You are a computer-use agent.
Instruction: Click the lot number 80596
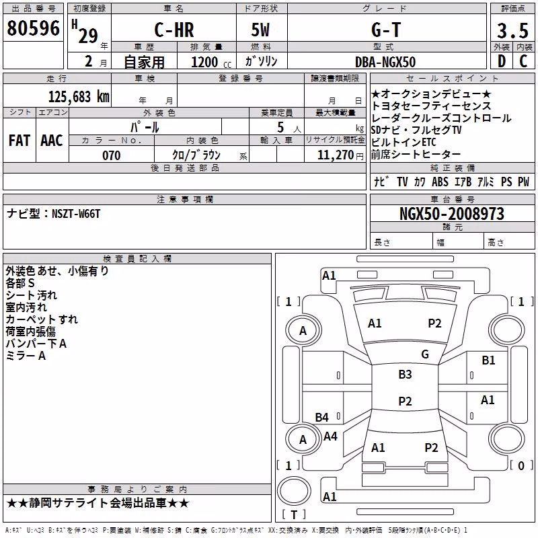click(x=33, y=28)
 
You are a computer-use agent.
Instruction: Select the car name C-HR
click(x=174, y=30)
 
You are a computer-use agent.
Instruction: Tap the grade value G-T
click(x=386, y=30)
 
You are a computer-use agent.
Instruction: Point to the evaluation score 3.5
click(x=512, y=30)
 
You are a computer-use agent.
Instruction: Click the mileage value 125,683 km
click(x=79, y=97)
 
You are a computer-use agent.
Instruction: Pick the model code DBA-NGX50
click(x=385, y=62)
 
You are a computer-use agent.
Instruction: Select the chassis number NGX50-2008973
click(x=452, y=214)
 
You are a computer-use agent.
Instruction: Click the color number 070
click(x=112, y=155)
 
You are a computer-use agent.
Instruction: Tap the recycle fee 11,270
click(x=335, y=155)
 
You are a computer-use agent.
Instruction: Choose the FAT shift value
click(x=20, y=141)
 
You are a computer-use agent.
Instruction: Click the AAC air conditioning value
click(x=52, y=141)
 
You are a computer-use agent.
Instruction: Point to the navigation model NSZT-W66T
click(x=76, y=214)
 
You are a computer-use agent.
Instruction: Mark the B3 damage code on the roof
click(x=405, y=374)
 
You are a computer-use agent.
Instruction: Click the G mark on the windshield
click(x=425, y=354)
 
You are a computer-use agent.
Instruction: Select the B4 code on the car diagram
click(x=322, y=417)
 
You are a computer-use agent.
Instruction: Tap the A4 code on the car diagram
click(x=330, y=436)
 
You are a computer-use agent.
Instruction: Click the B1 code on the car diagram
click(x=488, y=360)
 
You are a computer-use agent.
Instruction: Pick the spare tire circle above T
click(x=294, y=491)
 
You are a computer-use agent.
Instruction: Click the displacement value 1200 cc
click(x=211, y=62)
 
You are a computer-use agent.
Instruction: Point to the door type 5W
click(x=260, y=30)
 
